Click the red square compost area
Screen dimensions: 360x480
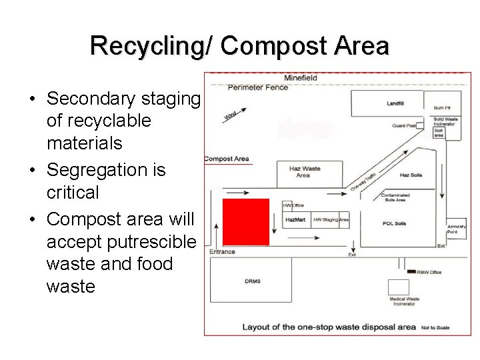(245, 221)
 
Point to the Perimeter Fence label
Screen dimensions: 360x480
(257, 87)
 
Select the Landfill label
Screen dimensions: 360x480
(395, 103)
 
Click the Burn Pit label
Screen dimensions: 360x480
(442, 107)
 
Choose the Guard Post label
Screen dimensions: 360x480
(404, 125)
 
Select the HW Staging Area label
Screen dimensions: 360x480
(331, 219)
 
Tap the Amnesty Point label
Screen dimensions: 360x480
(457, 229)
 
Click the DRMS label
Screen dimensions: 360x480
(253, 281)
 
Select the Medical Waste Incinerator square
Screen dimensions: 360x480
(399, 287)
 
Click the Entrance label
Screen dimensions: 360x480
(222, 251)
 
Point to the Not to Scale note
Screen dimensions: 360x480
(436, 327)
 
